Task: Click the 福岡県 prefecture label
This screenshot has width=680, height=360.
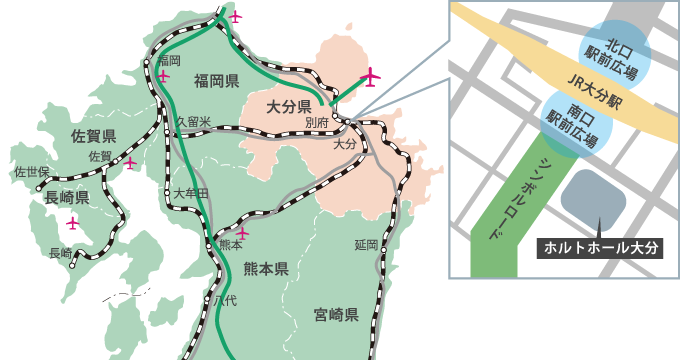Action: (216, 81)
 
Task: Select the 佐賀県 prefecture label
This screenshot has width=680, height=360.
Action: (95, 135)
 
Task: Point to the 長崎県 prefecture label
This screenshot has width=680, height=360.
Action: (68, 197)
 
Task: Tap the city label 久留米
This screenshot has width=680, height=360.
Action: (192, 122)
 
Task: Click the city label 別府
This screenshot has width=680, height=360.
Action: (316, 122)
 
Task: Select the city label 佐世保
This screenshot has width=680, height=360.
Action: (30, 172)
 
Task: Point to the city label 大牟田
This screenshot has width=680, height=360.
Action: (190, 192)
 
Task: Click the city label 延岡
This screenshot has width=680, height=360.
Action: (365, 245)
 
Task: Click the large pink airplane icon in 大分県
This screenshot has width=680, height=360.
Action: (371, 77)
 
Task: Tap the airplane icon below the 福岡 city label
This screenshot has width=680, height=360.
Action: (163, 76)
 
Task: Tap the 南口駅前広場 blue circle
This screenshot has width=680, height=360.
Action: (572, 120)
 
